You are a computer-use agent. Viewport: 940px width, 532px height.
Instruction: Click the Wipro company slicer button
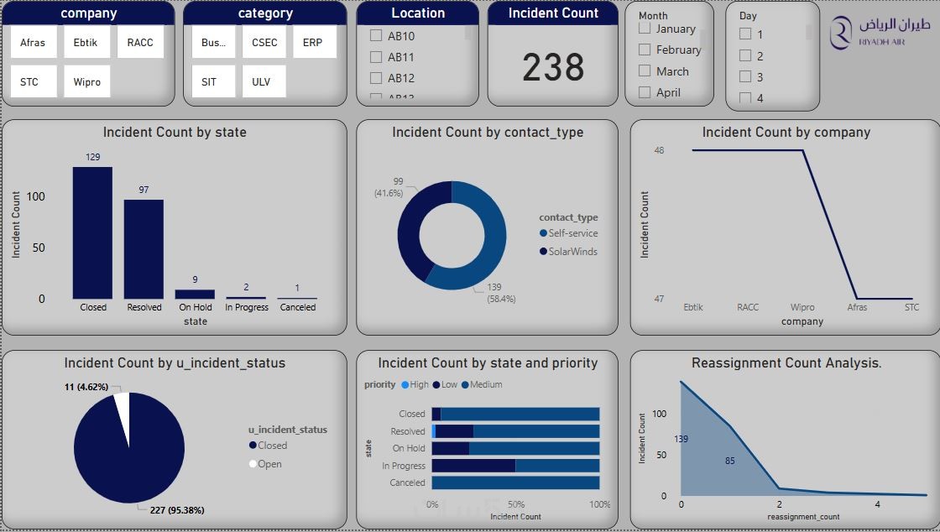86,81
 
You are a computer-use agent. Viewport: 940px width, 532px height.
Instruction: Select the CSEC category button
264,42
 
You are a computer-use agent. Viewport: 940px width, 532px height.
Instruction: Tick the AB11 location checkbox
376,57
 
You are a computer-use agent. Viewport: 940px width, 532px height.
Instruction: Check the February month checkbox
645,50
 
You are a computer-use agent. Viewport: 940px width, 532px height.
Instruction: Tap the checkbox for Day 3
744,77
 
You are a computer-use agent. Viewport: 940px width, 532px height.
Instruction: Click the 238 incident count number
553,68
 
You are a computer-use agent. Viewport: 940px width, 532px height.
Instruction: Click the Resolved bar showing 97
144,248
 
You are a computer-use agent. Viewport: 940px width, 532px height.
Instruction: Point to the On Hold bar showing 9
195,295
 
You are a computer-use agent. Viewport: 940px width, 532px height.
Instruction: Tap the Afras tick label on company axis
857,307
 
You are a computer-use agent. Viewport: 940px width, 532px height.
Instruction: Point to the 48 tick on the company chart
659,150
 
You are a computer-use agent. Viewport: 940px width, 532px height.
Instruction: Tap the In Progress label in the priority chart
404,466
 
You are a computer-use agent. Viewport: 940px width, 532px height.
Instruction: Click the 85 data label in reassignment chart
729,461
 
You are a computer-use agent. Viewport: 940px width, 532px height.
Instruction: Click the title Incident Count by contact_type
488,133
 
